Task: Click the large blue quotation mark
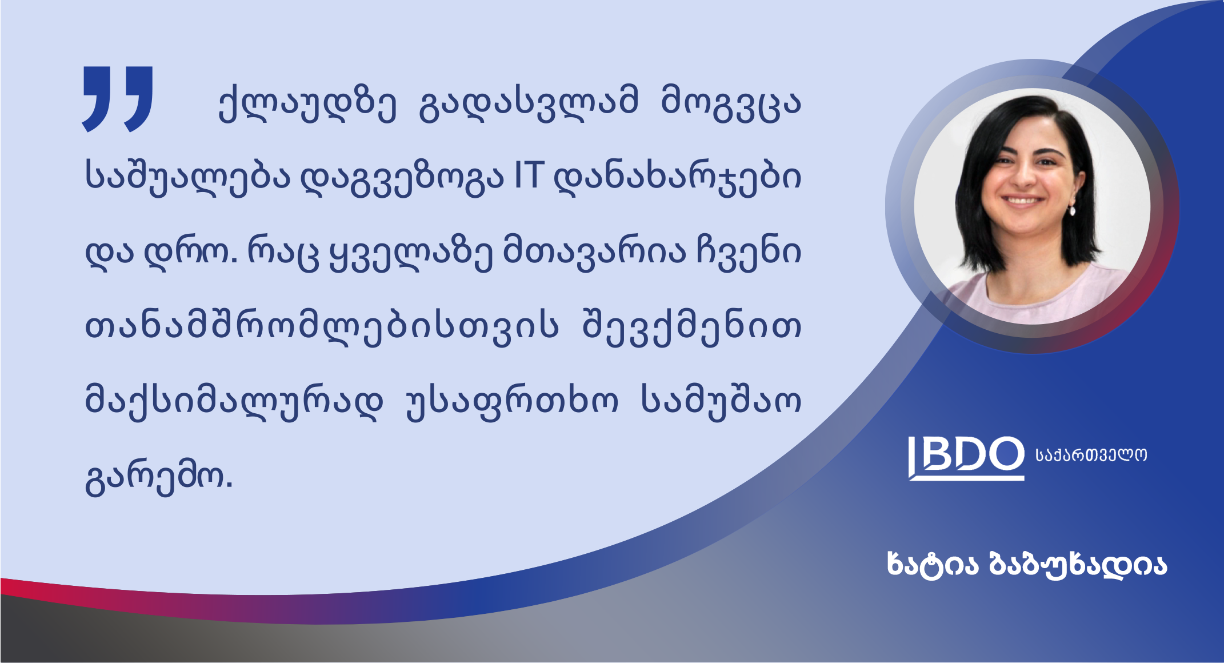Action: [118, 99]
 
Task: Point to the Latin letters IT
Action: [527, 175]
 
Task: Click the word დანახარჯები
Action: [678, 178]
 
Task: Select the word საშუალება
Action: [188, 178]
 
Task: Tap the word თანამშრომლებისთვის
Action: [322, 327]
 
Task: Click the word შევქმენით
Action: [691, 327]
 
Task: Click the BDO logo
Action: [966, 458]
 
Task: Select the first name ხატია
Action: [933, 565]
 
